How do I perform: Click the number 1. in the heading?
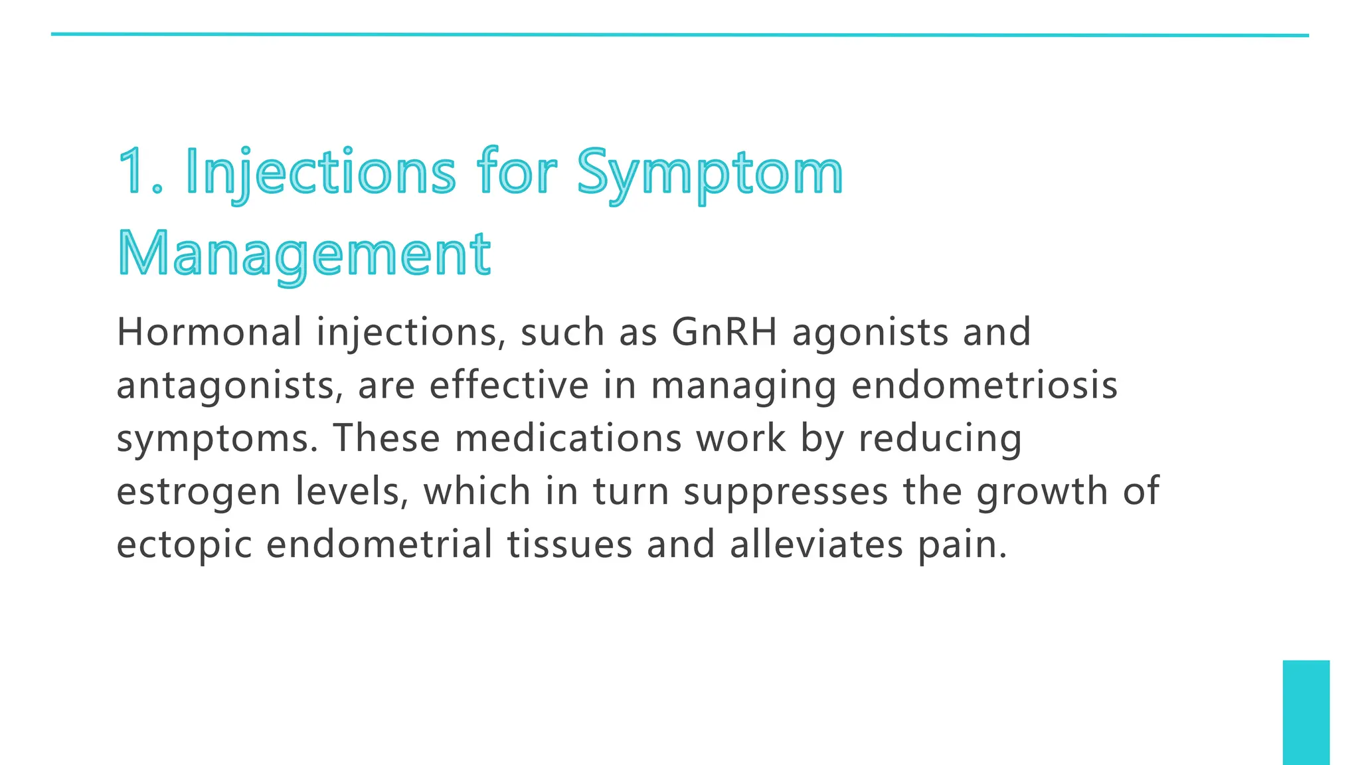click(x=140, y=171)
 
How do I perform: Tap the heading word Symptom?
click(x=709, y=173)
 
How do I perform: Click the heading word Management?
click(x=304, y=255)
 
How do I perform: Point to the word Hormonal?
click(x=209, y=332)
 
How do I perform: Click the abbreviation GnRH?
click(x=724, y=332)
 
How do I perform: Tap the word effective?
click(x=509, y=385)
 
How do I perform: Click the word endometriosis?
click(x=984, y=385)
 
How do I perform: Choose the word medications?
click(x=568, y=438)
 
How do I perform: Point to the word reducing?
click(x=940, y=440)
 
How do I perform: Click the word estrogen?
click(x=199, y=493)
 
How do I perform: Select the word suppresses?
click(x=786, y=493)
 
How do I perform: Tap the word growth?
click(x=1042, y=493)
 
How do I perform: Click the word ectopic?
click(x=184, y=545)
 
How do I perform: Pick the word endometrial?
click(x=379, y=545)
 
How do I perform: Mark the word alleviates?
click(x=816, y=545)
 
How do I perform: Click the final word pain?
click(x=962, y=546)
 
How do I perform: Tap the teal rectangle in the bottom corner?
click(x=1306, y=712)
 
